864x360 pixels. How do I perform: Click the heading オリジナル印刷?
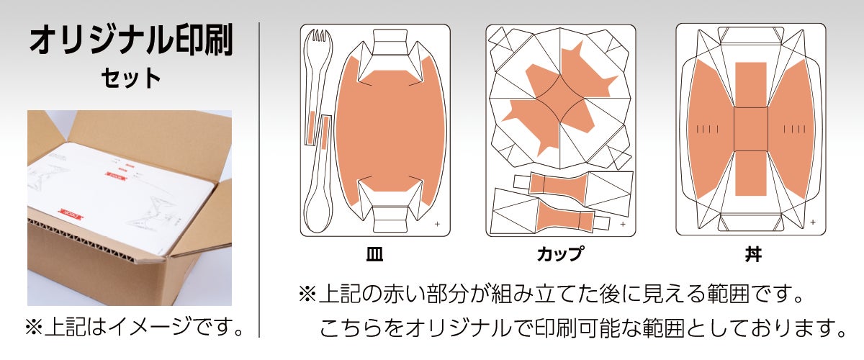(x=131, y=40)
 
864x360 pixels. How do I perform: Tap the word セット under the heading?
(x=131, y=78)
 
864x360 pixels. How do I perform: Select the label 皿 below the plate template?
(x=374, y=254)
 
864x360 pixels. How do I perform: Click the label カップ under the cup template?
(x=560, y=254)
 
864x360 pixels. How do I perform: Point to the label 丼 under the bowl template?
(x=753, y=254)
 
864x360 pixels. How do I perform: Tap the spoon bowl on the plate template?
(x=318, y=212)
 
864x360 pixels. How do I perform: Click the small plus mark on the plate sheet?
(x=437, y=224)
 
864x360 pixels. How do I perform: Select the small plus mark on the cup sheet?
(x=623, y=224)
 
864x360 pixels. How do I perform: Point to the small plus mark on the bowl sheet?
(x=813, y=222)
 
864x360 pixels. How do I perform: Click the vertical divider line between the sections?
(x=259, y=180)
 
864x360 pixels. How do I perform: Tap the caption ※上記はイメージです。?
(x=135, y=327)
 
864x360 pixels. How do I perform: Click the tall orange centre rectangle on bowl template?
(x=750, y=129)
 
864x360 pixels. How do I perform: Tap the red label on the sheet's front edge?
(x=70, y=214)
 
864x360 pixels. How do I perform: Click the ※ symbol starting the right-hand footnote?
(x=307, y=294)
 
